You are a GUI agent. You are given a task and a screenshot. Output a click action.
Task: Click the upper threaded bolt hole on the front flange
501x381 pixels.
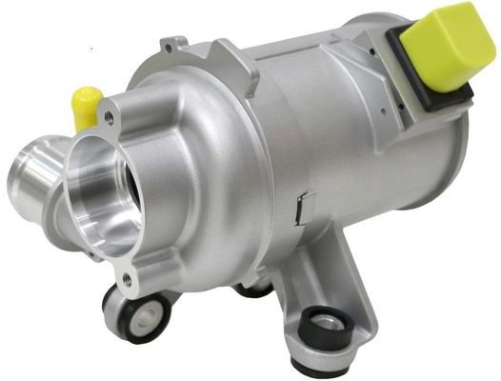tap(110, 118)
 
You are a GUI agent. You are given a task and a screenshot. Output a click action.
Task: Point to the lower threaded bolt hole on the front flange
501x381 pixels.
tap(125, 279)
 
